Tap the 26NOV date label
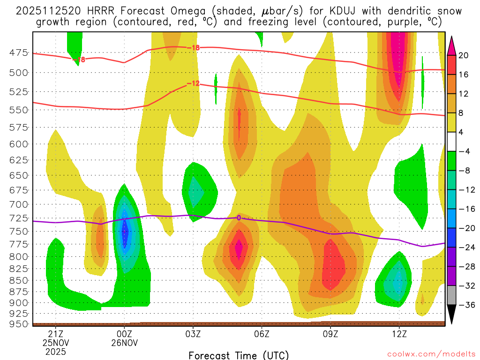124,343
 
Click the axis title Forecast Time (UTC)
239,355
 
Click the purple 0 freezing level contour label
239,217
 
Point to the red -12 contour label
193,83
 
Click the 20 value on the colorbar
464,55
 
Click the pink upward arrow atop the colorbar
452,45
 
